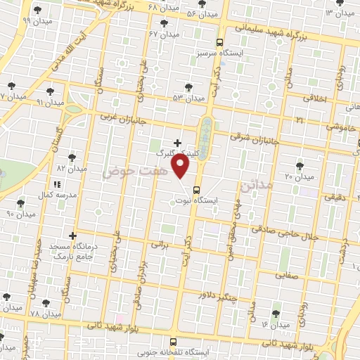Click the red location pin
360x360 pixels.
click(x=181, y=167)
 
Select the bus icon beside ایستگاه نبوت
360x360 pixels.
click(x=196, y=189)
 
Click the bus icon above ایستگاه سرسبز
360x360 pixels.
click(x=220, y=41)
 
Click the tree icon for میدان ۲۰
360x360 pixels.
click(x=300, y=165)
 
